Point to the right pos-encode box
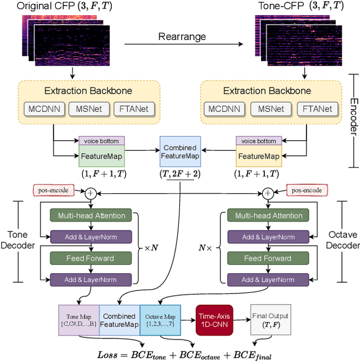click(x=307, y=191)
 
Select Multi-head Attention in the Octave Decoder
click(x=268, y=215)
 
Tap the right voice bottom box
click(x=259, y=141)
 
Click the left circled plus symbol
click(x=91, y=193)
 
